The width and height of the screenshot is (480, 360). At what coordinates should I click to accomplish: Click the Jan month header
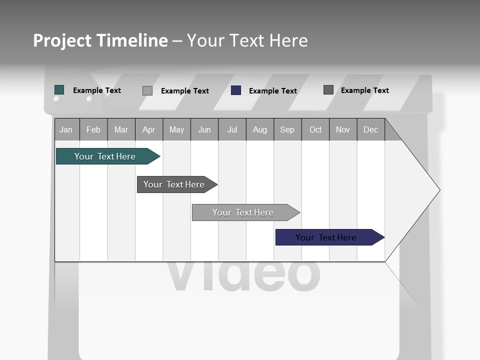[66, 130]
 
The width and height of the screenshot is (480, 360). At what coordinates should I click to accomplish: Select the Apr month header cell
[149, 130]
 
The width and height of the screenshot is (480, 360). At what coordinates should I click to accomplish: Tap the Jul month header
[232, 130]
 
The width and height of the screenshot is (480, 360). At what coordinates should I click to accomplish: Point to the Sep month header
[287, 130]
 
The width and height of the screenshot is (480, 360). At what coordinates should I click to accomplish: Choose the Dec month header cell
[370, 130]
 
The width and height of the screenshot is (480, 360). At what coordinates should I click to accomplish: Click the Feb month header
[93, 130]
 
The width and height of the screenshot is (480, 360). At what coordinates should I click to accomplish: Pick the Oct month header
[315, 130]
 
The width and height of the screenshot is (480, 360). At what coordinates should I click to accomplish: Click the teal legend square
[59, 90]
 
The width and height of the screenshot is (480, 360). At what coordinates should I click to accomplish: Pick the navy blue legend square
[236, 90]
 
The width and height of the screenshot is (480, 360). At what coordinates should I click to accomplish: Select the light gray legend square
[147, 90]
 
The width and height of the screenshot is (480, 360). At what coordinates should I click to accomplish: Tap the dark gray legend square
[328, 90]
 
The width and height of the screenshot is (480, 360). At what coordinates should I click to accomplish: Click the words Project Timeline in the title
[100, 40]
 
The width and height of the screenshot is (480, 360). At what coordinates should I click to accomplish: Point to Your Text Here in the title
[247, 40]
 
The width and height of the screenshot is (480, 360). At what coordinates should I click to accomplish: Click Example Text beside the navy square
[273, 91]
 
